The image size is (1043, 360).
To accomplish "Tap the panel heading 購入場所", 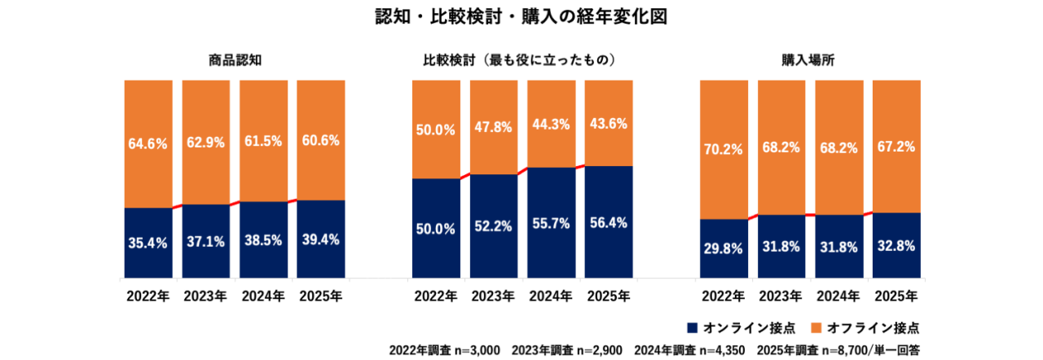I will (x=809, y=60).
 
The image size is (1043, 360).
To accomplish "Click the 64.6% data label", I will (x=147, y=144).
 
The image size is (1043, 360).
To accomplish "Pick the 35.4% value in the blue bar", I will (x=147, y=242).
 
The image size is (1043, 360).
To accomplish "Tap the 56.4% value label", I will (x=608, y=223).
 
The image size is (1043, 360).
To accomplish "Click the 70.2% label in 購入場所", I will (x=723, y=149).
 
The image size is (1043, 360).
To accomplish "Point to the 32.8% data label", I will (x=896, y=246).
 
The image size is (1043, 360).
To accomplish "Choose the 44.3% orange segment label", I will (x=550, y=125).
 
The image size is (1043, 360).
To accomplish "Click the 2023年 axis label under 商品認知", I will (x=205, y=296).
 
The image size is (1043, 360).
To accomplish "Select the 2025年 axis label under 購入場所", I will (x=896, y=296).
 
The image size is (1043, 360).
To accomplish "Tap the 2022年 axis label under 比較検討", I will (x=435, y=296).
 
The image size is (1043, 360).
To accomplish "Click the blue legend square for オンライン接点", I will (x=693, y=328).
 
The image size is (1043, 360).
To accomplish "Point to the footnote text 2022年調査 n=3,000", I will (x=444, y=350).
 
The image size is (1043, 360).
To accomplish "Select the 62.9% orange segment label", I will (x=205, y=143).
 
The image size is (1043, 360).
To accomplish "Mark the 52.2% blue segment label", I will (x=493, y=227).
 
